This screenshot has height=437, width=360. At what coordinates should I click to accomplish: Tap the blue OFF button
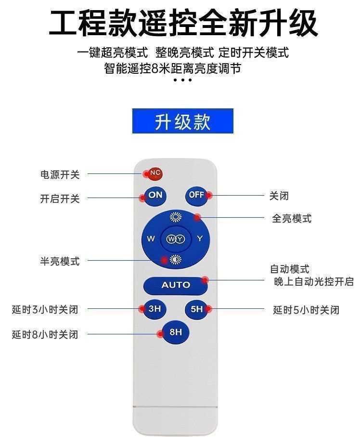point(196,195)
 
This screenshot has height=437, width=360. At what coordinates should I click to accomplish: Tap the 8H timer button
point(175,332)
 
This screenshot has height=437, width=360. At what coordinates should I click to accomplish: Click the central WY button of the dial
point(175,239)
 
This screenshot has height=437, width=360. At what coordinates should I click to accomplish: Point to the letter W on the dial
point(151,239)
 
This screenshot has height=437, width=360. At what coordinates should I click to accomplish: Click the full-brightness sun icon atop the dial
point(175,217)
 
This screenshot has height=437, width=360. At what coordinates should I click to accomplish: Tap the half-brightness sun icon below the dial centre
point(175,260)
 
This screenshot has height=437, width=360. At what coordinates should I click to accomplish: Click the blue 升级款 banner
point(182,121)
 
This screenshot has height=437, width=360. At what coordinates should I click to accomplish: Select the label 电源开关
point(60,174)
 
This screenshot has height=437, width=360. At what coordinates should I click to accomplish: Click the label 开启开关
point(60,199)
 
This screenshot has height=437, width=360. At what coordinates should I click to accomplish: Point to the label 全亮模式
point(292,219)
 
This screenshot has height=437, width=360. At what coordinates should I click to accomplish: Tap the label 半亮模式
point(60,261)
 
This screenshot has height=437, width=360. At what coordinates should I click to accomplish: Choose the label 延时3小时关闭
point(45,309)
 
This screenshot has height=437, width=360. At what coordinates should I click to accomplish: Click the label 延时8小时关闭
point(45,334)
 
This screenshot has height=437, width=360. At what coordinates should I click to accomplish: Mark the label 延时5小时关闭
point(306,310)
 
